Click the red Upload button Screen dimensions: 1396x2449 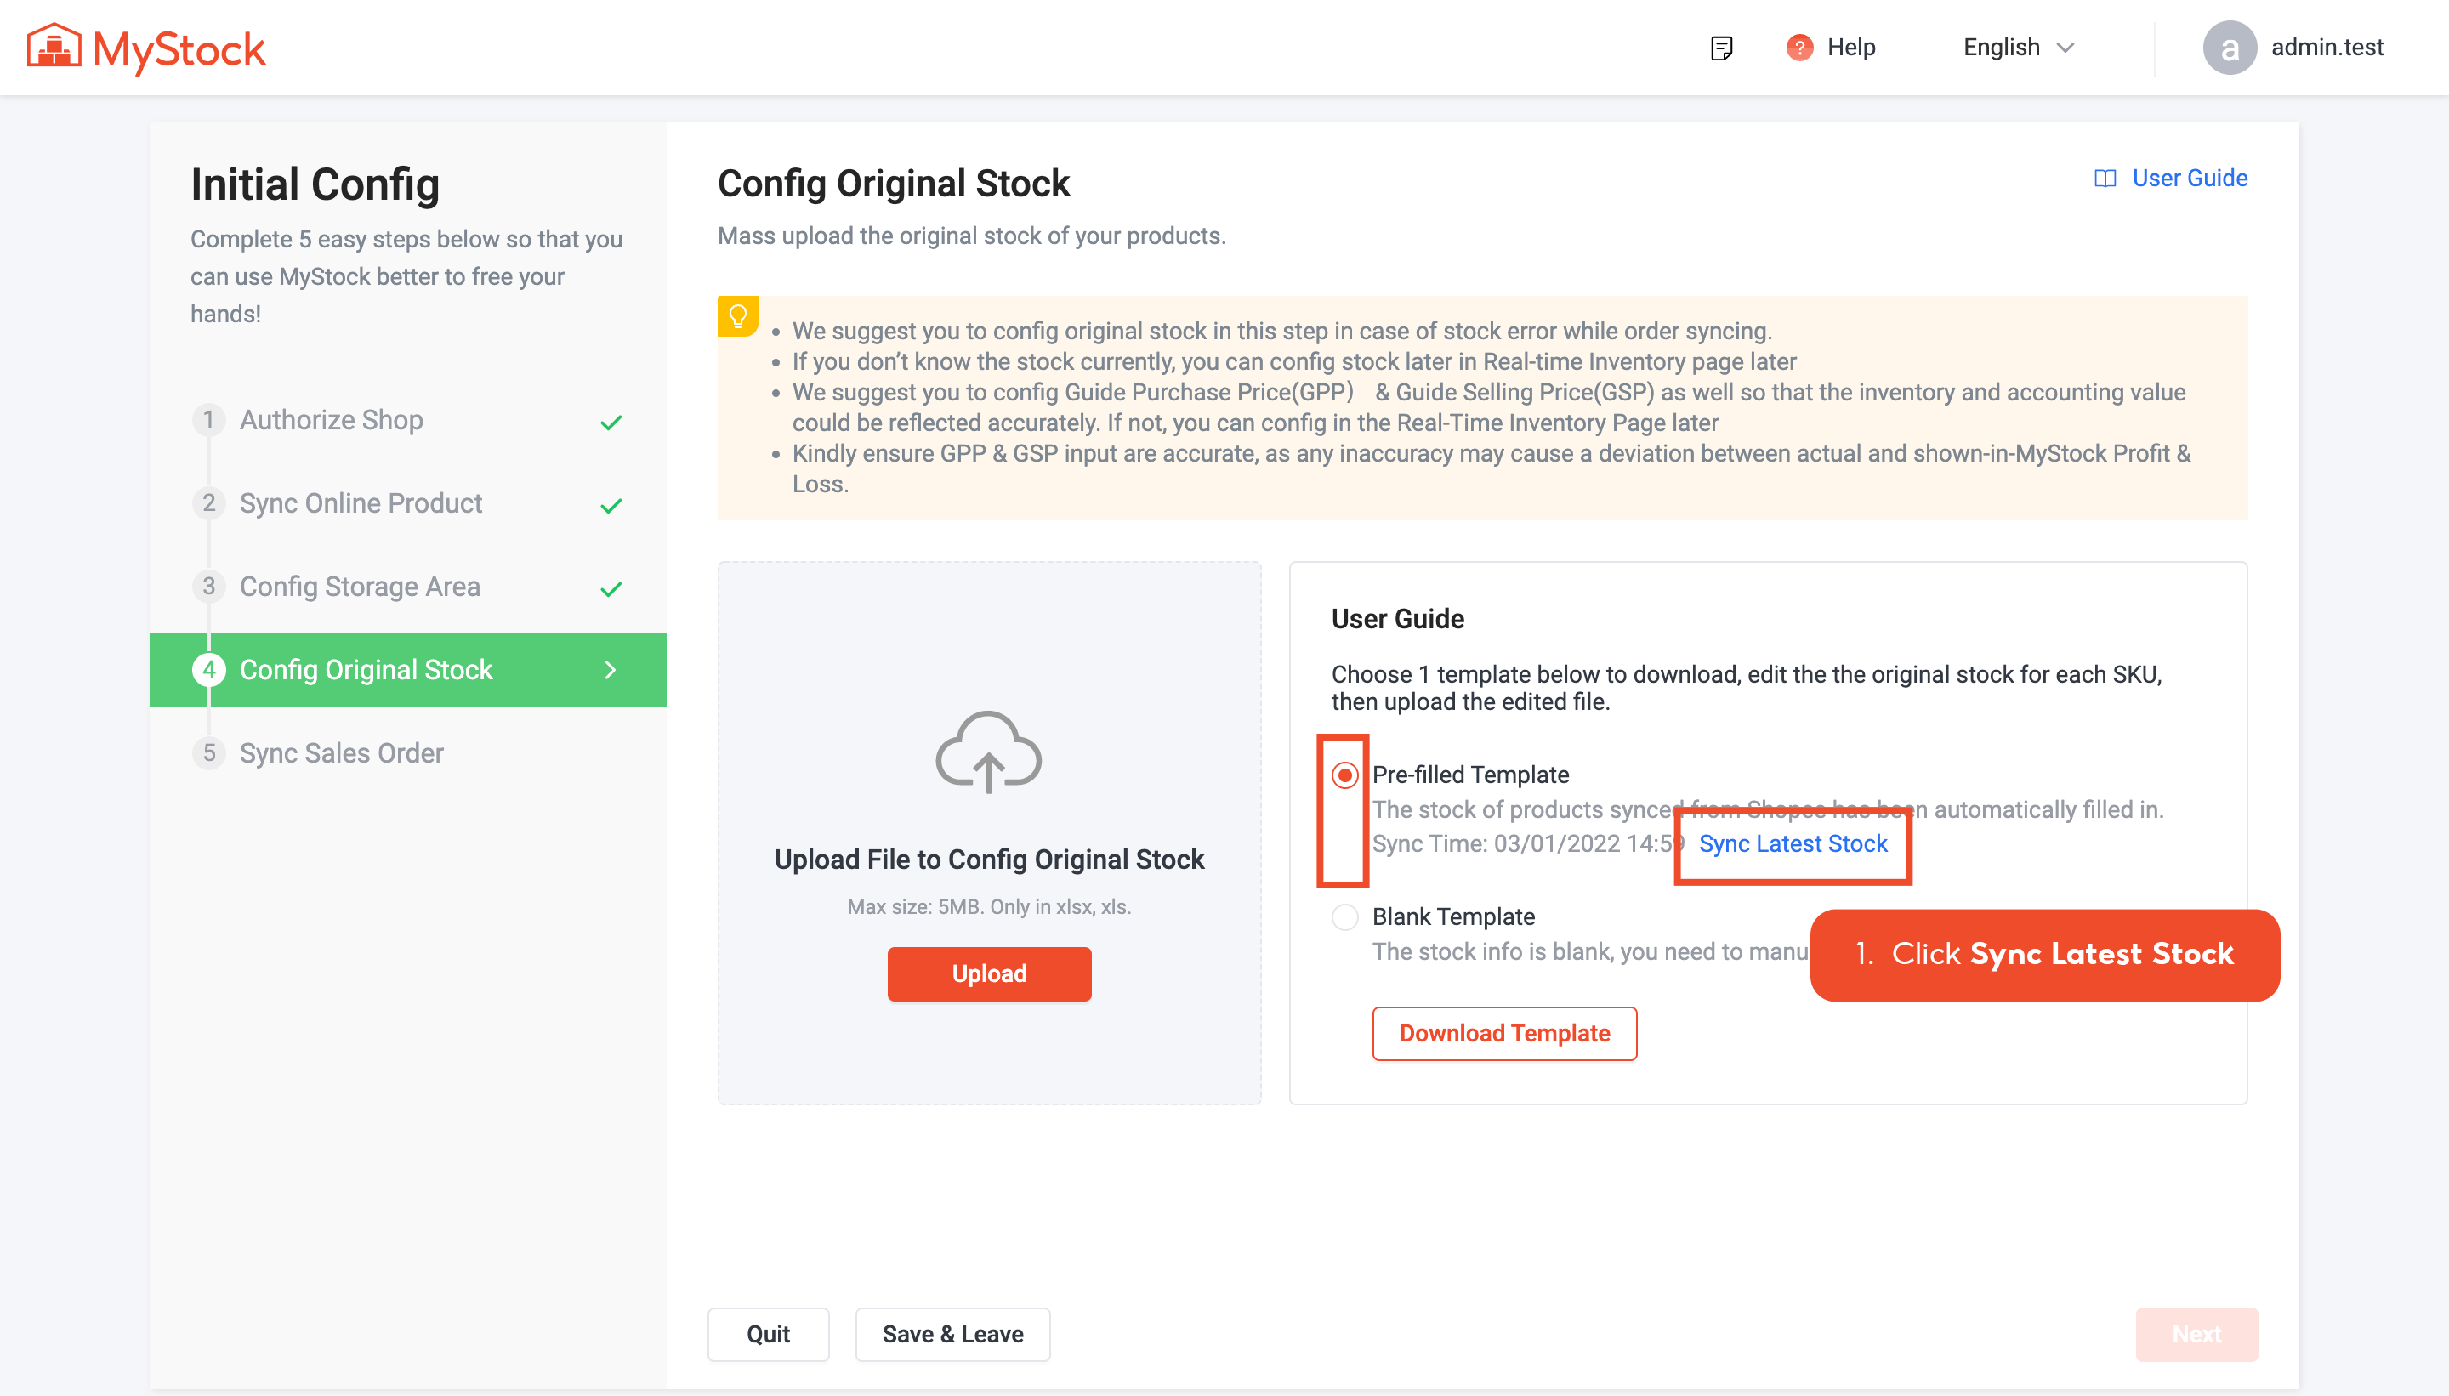[x=989, y=973]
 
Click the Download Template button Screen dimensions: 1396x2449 [x=1503, y=1033]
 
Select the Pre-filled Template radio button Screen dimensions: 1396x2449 [x=1344, y=775]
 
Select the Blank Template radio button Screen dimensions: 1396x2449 [x=1344, y=916]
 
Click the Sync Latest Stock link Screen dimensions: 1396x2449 [x=1793, y=843]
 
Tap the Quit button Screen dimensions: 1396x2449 [x=768, y=1334]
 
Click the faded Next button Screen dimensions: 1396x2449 [x=2196, y=1334]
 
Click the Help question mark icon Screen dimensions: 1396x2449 [x=1798, y=47]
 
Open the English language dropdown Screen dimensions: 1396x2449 [x=2018, y=47]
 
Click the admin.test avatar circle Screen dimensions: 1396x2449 [x=2230, y=47]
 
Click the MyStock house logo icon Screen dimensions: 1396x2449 [x=54, y=47]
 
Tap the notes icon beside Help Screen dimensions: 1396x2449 [x=1721, y=47]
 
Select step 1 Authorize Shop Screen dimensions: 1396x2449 [x=331, y=420]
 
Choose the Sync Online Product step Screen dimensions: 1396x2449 [x=361, y=503]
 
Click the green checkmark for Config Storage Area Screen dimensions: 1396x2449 [x=611, y=587]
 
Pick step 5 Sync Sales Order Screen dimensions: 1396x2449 [x=341, y=752]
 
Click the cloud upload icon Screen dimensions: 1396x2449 [x=989, y=752]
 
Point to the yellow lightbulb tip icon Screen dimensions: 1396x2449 [x=737, y=315]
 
